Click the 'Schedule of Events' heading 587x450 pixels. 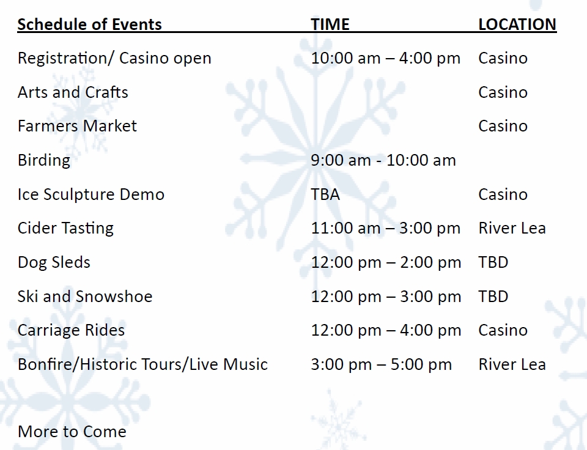pos(89,24)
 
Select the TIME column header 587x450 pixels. pos(330,24)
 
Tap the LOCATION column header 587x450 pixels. pos(517,24)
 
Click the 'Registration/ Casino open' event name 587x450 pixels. pos(114,59)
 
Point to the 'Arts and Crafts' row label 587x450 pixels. pos(73,92)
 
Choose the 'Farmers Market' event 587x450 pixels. pos(77,126)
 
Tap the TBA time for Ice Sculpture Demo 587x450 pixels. pos(325,194)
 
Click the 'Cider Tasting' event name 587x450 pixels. pos(65,229)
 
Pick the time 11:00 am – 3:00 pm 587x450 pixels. pos(386,229)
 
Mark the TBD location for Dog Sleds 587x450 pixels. pos(493,262)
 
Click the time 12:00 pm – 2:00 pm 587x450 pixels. pos(386,262)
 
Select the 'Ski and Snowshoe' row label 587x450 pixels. pos(85,297)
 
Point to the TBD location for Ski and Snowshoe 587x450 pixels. pos(493,297)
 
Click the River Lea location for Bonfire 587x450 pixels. pos(512,364)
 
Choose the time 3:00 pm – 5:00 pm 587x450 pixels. pos(381,364)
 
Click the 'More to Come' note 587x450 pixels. pos(72,432)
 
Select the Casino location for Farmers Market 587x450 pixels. pos(503,126)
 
